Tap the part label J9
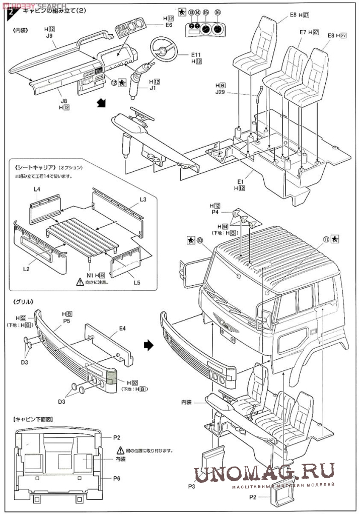(49, 36)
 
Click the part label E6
(169, 25)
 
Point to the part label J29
(220, 93)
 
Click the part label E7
(303, 32)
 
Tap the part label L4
(38, 189)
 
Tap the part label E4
(122, 328)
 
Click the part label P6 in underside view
(116, 477)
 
